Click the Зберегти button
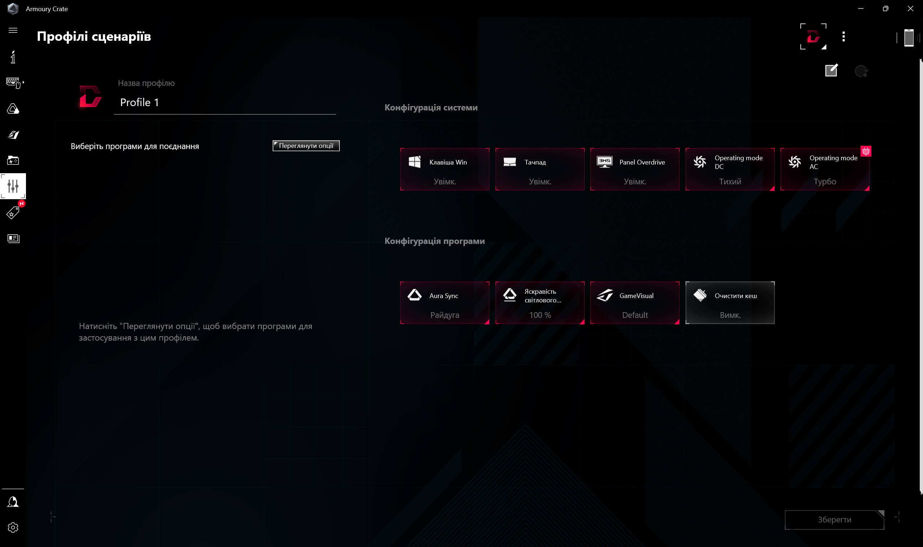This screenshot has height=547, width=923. tap(834, 519)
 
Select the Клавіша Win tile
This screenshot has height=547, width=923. tap(445, 169)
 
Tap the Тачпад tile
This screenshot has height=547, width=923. tap(540, 169)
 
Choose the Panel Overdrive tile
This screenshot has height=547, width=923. tap(634, 169)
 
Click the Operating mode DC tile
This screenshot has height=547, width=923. tap(730, 169)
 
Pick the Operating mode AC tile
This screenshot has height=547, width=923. tap(825, 169)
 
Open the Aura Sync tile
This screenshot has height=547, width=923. tap(445, 303)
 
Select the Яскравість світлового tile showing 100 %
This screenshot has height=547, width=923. tap(540, 303)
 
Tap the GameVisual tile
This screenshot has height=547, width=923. tap(634, 303)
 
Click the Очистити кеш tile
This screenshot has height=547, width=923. tap(730, 303)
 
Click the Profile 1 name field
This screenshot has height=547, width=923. tap(225, 102)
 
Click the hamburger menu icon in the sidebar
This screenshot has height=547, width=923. tap(13, 30)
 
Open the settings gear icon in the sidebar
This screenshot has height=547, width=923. tap(13, 528)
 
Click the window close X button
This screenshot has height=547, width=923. tap(910, 8)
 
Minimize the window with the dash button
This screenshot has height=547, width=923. tap(861, 8)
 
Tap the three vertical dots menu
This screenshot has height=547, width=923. tap(843, 36)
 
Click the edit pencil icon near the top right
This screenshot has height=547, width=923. tap(831, 70)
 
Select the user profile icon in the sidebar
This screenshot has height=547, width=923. tap(13, 502)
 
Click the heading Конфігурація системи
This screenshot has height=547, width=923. tap(431, 108)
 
